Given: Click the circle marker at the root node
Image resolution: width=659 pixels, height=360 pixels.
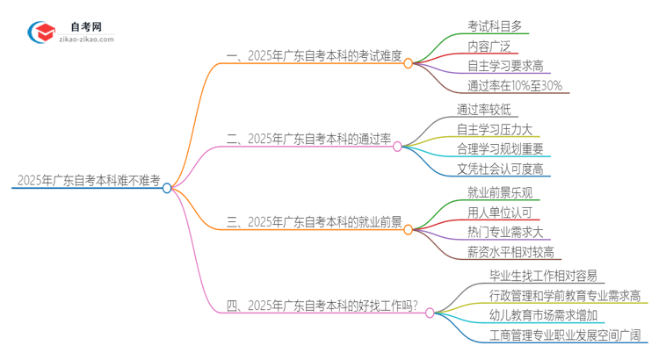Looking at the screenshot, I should pyautogui.click(x=167, y=187).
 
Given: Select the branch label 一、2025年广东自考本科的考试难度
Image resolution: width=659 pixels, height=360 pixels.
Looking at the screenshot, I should pyautogui.click(x=314, y=56).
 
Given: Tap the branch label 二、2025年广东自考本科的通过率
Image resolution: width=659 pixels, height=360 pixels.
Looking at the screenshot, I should pyautogui.click(x=308, y=138).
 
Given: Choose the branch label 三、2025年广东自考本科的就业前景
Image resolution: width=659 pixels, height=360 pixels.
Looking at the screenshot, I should pyautogui.click(x=314, y=223).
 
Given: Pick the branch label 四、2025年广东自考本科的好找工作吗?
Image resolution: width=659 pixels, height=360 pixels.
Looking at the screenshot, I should pyautogui.click(x=322, y=306).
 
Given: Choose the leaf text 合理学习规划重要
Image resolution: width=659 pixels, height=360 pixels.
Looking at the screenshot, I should pyautogui.click(x=500, y=148).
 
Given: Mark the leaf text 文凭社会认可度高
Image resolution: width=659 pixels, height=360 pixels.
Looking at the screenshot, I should pyautogui.click(x=500, y=169).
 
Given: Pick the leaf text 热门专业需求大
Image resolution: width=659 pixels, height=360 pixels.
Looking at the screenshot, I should pyautogui.click(x=506, y=232).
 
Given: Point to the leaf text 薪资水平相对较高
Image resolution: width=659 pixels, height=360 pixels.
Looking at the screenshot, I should pyautogui.click(x=511, y=252).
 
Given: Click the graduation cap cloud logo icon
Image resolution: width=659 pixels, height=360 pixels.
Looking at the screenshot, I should pyautogui.click(x=40, y=32).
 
